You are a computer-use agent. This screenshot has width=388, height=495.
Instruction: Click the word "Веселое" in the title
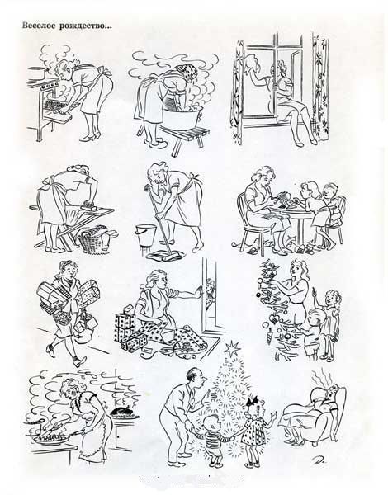pos(39,26)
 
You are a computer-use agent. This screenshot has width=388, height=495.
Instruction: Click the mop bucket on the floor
pos(145,235)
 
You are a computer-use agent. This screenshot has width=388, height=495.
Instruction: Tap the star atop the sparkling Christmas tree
pos(232,347)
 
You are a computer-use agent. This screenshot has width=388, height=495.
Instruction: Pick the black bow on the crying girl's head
pos(253,402)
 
